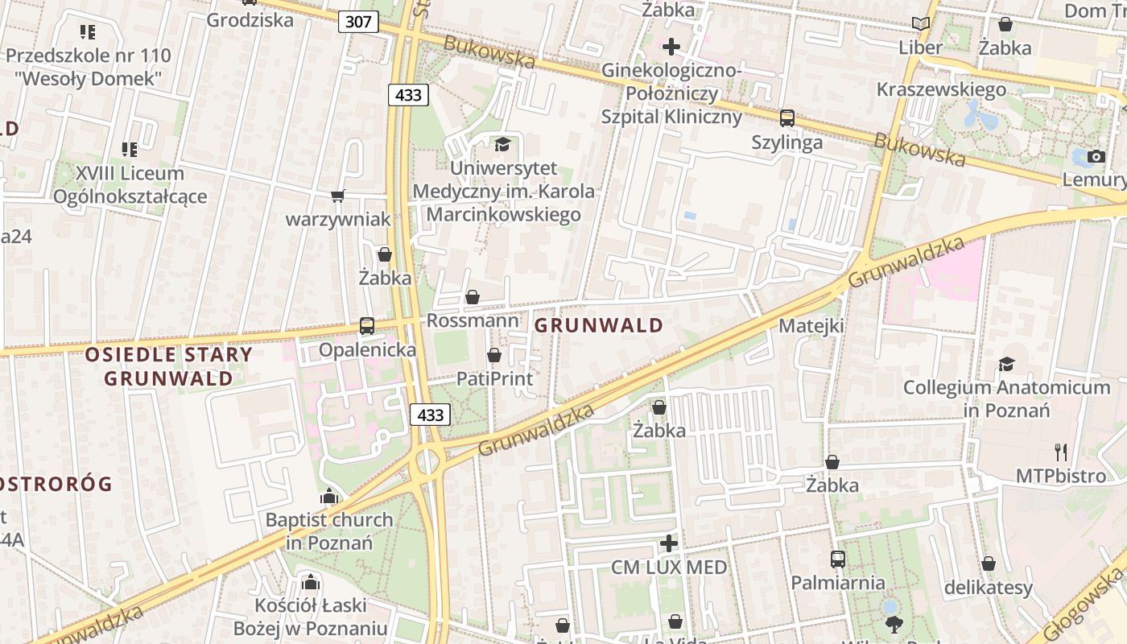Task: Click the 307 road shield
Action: [x=357, y=21]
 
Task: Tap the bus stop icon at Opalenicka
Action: [x=367, y=326]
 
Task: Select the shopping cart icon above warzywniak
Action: [x=338, y=196]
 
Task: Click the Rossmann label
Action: [x=473, y=320]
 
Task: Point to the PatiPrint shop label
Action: [x=494, y=378]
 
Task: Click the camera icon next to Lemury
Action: [x=1096, y=156]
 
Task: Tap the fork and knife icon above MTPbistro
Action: [x=1061, y=452]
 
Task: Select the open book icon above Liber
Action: [x=920, y=24]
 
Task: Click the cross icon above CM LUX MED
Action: [x=669, y=543]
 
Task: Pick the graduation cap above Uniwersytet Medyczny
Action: [x=503, y=144]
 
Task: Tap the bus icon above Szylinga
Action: [x=787, y=118]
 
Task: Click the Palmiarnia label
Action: [x=837, y=582]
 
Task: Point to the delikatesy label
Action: [x=988, y=588]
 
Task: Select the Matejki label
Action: [x=811, y=326]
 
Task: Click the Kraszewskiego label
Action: [x=941, y=89]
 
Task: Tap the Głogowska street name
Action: [x=1086, y=605]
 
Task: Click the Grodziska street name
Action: [x=250, y=20]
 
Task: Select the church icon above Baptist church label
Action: [x=328, y=497]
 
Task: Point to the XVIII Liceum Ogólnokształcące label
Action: [x=130, y=184]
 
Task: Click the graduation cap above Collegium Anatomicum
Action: [x=1006, y=365]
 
